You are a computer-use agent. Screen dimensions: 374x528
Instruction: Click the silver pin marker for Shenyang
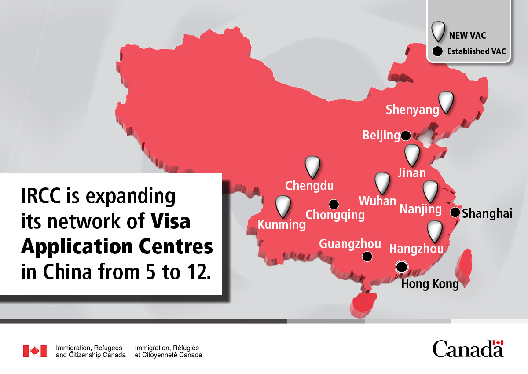[446, 102]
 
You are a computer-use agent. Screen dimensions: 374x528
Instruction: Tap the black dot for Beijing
[406, 136]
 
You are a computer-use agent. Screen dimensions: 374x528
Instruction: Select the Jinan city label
[411, 173]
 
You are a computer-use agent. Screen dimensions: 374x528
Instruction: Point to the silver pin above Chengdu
[312, 166]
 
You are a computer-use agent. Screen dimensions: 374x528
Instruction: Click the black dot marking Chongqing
[334, 204]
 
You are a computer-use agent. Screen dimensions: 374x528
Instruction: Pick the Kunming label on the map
[281, 225]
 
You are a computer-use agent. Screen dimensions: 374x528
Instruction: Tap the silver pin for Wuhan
[382, 183]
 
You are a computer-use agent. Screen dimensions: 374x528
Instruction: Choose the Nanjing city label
[420, 209]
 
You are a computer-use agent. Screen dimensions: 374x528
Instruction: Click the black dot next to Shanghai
[455, 213]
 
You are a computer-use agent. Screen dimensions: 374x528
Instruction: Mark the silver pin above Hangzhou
[435, 231]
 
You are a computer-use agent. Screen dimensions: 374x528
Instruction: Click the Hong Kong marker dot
[401, 267]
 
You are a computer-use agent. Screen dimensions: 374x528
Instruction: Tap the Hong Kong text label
[430, 284]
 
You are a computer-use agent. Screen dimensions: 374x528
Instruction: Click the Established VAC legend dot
[437, 51]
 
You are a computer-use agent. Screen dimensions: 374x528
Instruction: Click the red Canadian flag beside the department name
[35, 351]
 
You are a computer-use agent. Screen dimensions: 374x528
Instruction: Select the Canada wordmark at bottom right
[468, 349]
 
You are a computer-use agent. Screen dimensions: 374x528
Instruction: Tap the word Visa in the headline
[171, 221]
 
